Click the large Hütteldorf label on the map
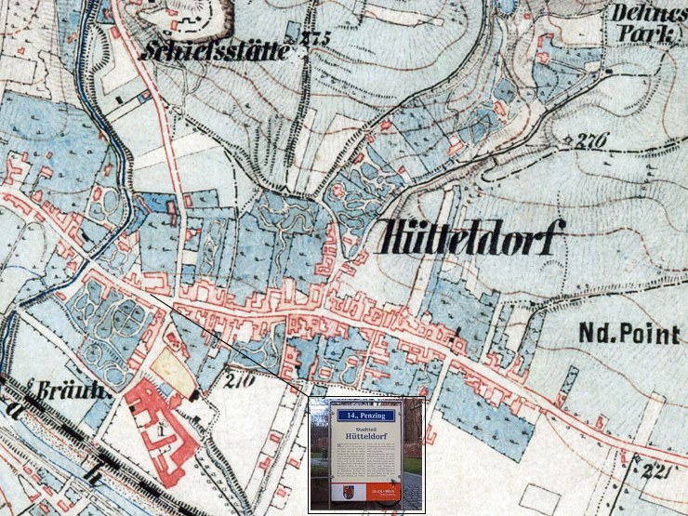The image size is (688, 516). pos(471,241)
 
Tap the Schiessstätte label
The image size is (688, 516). pos(215,51)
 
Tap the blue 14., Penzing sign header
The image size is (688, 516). pos(365,416)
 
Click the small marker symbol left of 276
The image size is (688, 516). pos(566,140)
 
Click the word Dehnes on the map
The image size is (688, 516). pos(642,14)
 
